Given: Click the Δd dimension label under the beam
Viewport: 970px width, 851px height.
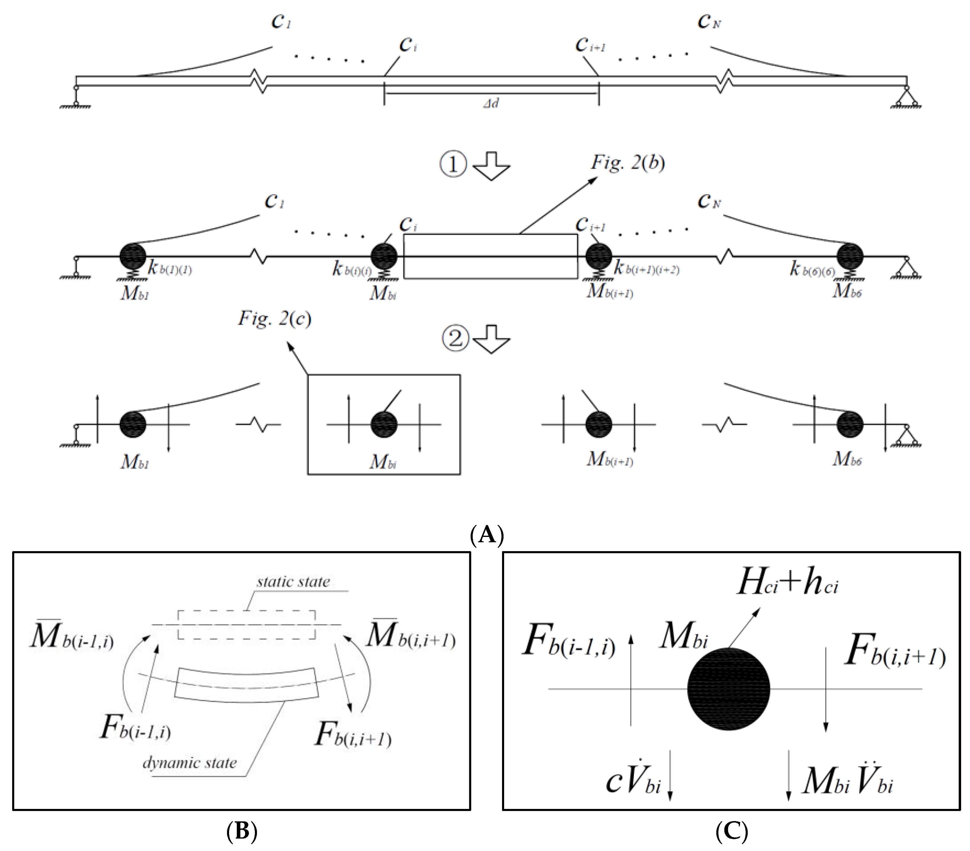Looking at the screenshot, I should pos(491,103).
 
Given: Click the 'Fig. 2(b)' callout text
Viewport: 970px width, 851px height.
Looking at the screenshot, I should pos(627,163).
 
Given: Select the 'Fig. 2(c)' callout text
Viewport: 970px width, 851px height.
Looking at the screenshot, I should pos(274,318).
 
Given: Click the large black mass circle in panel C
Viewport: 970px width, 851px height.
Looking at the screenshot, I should pos(728,689).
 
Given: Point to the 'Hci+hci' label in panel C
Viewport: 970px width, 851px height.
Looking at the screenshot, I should pos(788,583).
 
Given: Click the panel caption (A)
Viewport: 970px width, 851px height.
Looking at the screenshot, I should pos(486,535).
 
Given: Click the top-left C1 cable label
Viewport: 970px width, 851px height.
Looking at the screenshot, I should pos(280,21).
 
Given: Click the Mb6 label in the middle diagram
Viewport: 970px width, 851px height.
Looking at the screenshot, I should pos(847,291).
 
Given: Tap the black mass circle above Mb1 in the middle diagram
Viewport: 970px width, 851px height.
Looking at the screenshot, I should pos(132,256).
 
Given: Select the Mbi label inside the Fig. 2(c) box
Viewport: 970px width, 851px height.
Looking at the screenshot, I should pos(383,461).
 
